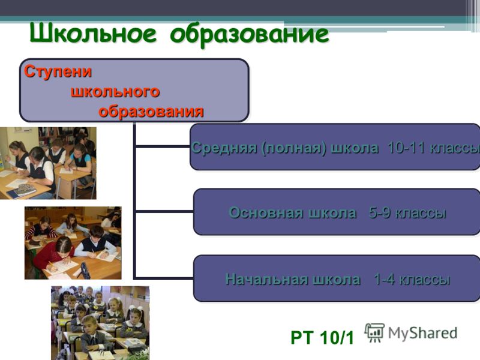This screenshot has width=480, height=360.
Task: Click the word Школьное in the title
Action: tap(94, 33)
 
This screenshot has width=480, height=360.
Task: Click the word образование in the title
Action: tap(250, 34)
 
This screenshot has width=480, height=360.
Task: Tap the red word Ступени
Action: tap(58, 71)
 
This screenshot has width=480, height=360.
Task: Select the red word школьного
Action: tap(115, 91)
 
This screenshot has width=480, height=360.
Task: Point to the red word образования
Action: tap(151, 111)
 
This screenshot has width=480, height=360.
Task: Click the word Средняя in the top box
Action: tap(224, 148)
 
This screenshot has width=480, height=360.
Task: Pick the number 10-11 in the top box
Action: tap(406, 148)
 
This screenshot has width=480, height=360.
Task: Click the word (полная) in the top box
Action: tap(294, 148)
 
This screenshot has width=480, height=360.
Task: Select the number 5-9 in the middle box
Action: tap(380, 212)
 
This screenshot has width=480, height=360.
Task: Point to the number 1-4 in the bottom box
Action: tap(385, 279)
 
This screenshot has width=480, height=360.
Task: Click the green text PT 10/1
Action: tap(322, 338)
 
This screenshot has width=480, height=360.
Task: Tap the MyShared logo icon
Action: tap(374, 333)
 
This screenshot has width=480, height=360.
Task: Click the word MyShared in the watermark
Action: tap(423, 333)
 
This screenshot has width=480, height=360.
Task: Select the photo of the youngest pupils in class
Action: tap(100, 323)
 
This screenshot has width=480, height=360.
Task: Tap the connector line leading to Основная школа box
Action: tap(164, 212)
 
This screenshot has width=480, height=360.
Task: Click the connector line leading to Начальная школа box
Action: tap(164, 278)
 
